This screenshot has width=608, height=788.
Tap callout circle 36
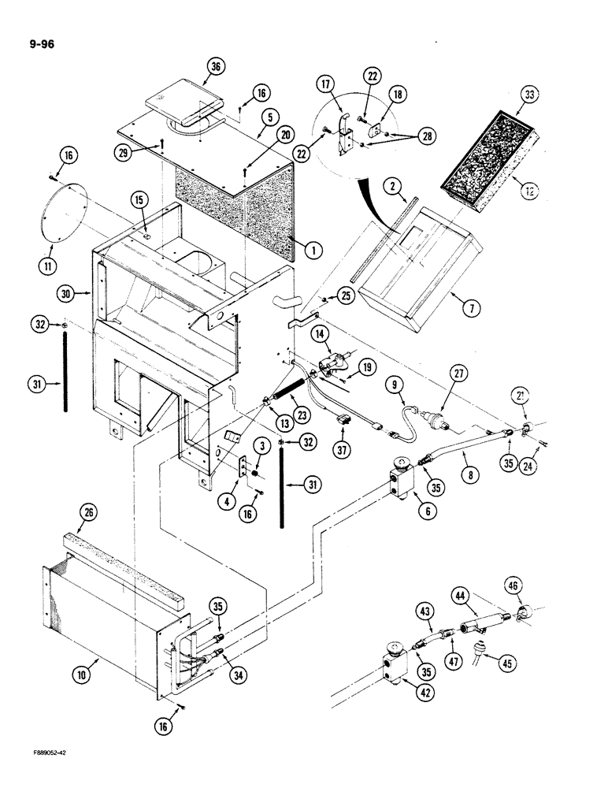[x=212, y=68]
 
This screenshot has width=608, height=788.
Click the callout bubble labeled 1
[x=313, y=251]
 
